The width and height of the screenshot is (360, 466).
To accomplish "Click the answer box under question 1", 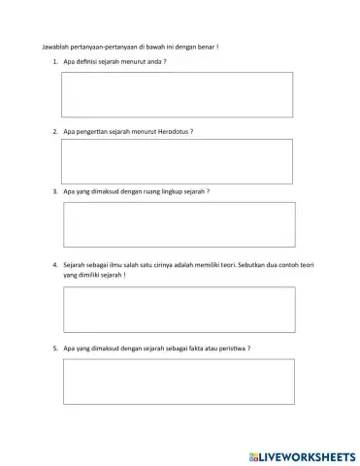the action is coord(177,94).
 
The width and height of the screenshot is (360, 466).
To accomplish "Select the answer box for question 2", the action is coord(177,161).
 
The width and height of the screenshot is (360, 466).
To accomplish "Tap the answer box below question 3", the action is coord(179,224).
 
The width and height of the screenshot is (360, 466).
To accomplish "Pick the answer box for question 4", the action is coord(179,309).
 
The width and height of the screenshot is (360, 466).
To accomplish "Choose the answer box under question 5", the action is coord(179,381).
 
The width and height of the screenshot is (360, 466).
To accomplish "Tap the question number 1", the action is coord(55,62).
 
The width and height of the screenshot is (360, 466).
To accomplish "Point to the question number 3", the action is coord(55,191).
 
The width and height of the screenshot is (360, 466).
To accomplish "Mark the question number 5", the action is coord(55,348).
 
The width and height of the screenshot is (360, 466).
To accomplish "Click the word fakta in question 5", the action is coord(193,348).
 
